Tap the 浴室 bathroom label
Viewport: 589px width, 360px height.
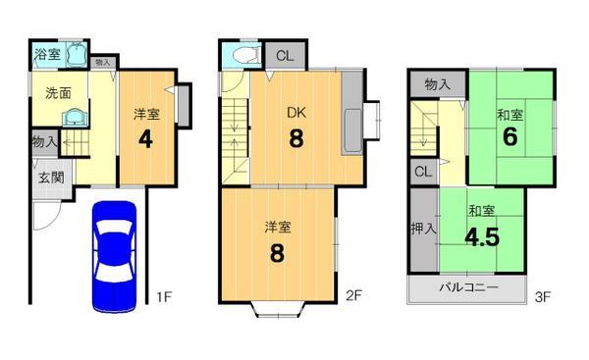click(46, 52)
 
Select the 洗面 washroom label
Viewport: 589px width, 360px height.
click(57, 93)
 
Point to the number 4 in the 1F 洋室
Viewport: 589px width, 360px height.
click(145, 137)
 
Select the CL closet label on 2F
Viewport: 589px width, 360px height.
click(282, 55)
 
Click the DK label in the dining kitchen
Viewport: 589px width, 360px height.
click(296, 112)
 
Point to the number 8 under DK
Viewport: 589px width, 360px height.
click(295, 139)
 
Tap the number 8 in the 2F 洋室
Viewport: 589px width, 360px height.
click(277, 253)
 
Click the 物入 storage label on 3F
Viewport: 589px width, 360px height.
click(438, 85)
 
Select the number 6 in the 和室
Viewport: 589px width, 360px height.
click(509, 139)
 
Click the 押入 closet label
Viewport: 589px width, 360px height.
click(423, 230)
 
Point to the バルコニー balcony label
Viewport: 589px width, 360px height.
click(467, 288)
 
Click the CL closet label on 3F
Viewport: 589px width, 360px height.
click(423, 173)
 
